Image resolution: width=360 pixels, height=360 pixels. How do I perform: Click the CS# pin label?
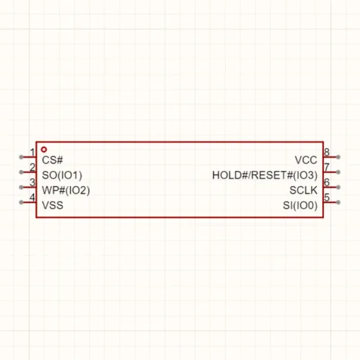coord(52,160)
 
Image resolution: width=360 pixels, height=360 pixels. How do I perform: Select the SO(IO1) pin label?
coord(62,175)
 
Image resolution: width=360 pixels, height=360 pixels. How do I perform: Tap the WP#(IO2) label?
coord(66,190)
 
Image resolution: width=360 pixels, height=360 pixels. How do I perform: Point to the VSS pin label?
coord(52,206)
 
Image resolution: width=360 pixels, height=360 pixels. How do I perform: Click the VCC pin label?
coord(306,160)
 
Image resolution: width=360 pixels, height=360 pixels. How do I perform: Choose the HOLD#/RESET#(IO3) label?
coord(265,175)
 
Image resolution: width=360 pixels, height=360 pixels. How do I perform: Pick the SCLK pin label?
coord(304,190)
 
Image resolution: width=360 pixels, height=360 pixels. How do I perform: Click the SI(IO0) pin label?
coord(300,206)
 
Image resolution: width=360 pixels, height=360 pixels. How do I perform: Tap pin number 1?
coord(32,153)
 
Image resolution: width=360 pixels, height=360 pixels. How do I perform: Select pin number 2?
coord(32,168)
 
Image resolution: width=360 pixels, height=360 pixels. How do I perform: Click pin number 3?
coord(32,183)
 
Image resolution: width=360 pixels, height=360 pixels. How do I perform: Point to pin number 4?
coord(32,198)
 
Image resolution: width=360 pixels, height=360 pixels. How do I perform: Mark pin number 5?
coord(327,198)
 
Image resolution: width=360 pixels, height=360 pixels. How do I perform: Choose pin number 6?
coord(327,183)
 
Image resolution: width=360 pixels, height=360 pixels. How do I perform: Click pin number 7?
coord(327,168)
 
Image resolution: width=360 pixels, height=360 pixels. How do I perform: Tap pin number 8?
coord(327,153)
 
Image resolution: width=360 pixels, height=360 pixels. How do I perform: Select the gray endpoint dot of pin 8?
coord(338,157)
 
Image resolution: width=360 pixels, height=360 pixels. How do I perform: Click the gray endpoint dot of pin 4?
coord(21,202)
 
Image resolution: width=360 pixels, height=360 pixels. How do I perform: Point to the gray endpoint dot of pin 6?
coord(338,187)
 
